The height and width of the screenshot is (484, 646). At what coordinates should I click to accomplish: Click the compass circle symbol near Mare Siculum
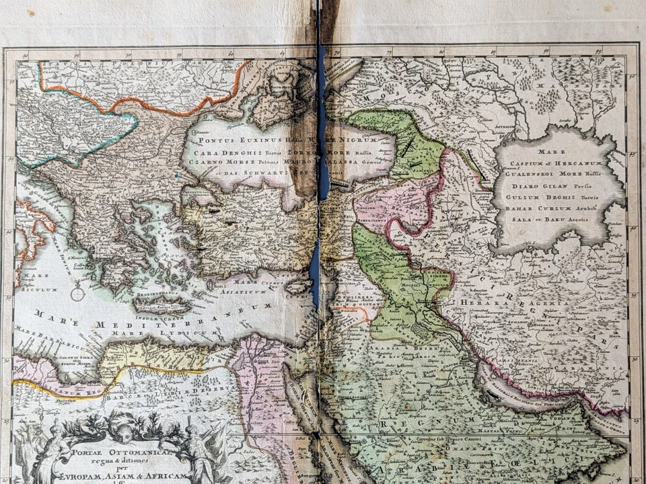click(x=78, y=294)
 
